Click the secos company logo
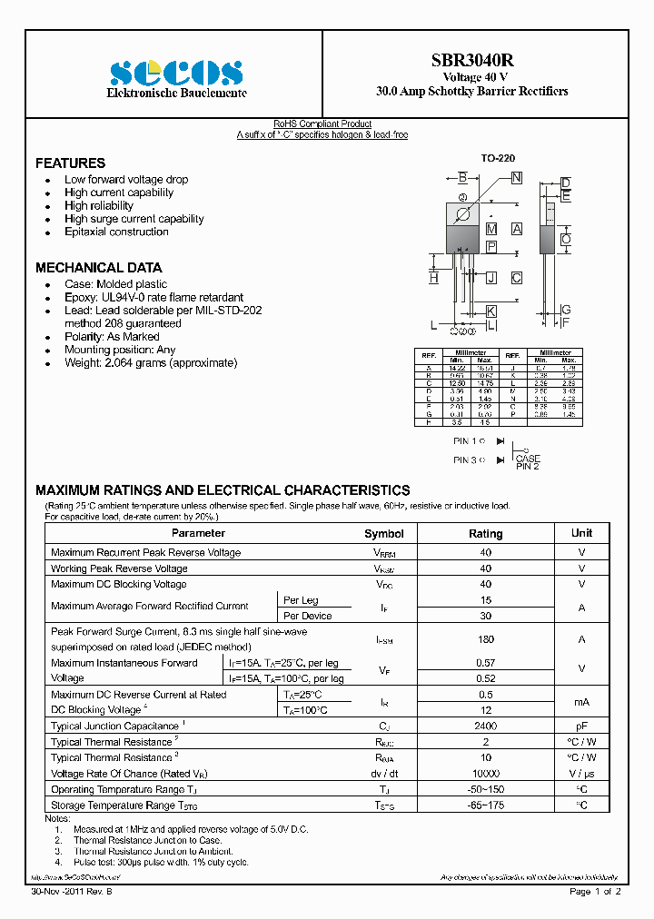pos(176,72)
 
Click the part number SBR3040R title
pos(471,61)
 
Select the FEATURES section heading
pos(70,163)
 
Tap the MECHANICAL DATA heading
pos(98,268)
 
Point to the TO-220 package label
pos(498,158)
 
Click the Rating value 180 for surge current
pos(486,639)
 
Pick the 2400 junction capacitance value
pos(486,726)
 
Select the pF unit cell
pos(581,726)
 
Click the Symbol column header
pos(383,534)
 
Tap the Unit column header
pos(581,533)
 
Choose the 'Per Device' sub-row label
pos(307,616)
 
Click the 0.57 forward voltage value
pos(486,663)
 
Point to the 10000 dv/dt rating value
pos(486,773)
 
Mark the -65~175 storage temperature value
pos(486,805)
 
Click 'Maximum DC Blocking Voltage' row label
pos(119,584)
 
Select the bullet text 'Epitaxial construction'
pos(116,232)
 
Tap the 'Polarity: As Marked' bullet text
pos(112,337)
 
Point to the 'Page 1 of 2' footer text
pos(595,892)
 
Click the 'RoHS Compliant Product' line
pos(322,124)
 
